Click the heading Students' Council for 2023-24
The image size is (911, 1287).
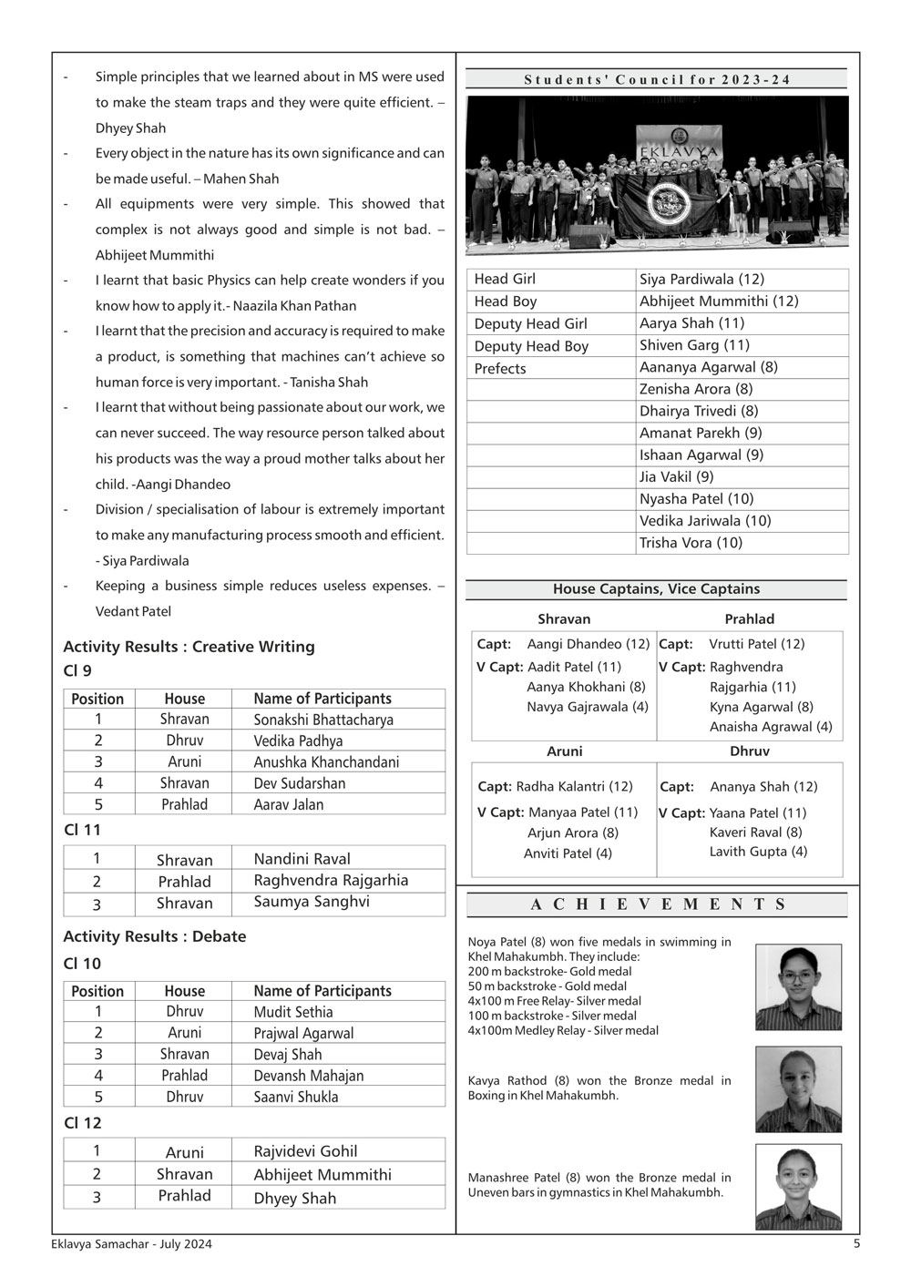pyautogui.click(x=657, y=79)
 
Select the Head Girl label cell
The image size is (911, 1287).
pyautogui.click(x=505, y=279)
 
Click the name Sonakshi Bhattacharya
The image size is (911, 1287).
pyautogui.click(x=323, y=720)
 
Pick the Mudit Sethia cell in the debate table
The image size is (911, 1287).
pyautogui.click(x=293, y=1012)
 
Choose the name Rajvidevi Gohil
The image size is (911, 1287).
pyautogui.click(x=305, y=1151)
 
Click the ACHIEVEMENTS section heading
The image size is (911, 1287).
pyautogui.click(x=657, y=904)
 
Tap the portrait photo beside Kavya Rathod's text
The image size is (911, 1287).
pyautogui.click(x=798, y=1088)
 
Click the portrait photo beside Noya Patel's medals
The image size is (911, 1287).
pyautogui.click(x=798, y=986)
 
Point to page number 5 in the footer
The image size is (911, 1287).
pyautogui.click(x=856, y=1243)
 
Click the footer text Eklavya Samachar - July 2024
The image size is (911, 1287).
pyautogui.click(x=131, y=1244)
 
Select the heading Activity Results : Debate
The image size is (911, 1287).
pyautogui.click(x=154, y=936)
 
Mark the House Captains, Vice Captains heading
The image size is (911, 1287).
pyautogui.click(x=656, y=589)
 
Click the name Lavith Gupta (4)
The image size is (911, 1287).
pyautogui.click(x=758, y=852)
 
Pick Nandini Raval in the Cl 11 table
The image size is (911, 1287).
pyautogui.click(x=302, y=859)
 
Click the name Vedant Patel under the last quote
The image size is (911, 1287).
pyautogui.click(x=133, y=611)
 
